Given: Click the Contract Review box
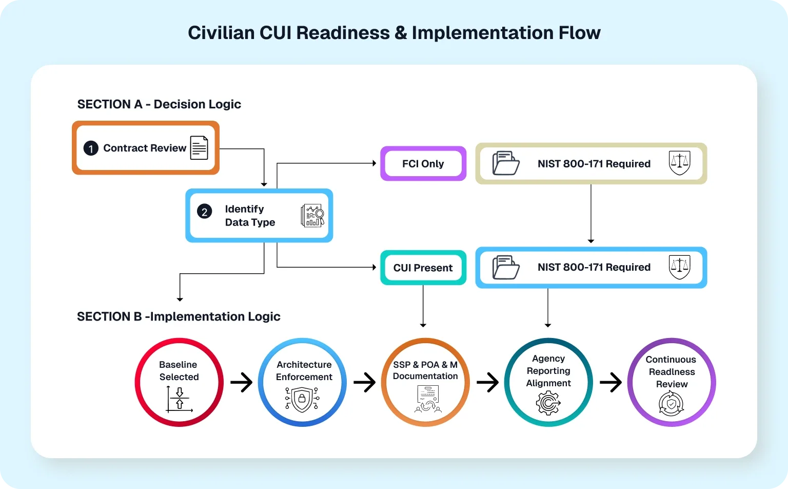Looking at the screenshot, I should tap(145, 148).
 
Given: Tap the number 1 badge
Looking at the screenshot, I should tap(91, 148).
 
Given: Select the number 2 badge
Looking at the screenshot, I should tap(204, 212).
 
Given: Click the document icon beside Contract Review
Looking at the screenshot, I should tap(199, 148).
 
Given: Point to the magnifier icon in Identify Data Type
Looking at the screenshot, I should tap(312, 216).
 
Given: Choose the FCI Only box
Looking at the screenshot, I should tap(423, 164).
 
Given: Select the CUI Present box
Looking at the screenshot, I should tap(423, 268).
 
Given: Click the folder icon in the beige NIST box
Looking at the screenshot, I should tap(506, 163).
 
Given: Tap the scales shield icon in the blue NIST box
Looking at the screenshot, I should tap(679, 267).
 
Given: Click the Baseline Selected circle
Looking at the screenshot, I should tap(179, 382).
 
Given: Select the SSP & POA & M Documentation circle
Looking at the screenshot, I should tap(425, 382).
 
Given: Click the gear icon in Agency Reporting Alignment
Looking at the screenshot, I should tap(548, 403).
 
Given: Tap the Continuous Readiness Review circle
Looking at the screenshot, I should tap(671, 382).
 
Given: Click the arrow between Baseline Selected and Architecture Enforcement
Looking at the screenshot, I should tap(241, 382).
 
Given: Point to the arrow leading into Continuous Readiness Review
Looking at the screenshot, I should tap(610, 382).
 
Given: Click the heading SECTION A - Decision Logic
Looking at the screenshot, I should tap(159, 104).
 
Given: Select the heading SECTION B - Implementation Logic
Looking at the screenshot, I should tap(179, 316).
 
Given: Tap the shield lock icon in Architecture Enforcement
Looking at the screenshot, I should tap(302, 400).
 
